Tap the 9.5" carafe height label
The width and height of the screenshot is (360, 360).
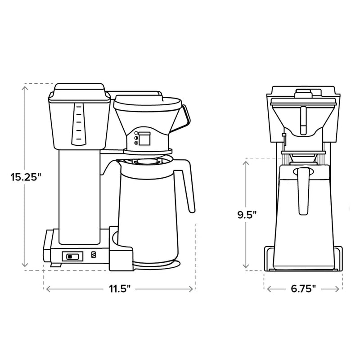[247, 214]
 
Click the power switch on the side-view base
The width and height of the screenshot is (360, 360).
[72, 256]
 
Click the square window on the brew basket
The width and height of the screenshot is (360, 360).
[144, 139]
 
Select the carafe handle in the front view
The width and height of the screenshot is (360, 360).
[302, 189]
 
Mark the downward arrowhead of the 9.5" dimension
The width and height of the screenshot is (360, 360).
[247, 265]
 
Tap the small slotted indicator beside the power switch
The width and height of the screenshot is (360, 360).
[94, 255]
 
